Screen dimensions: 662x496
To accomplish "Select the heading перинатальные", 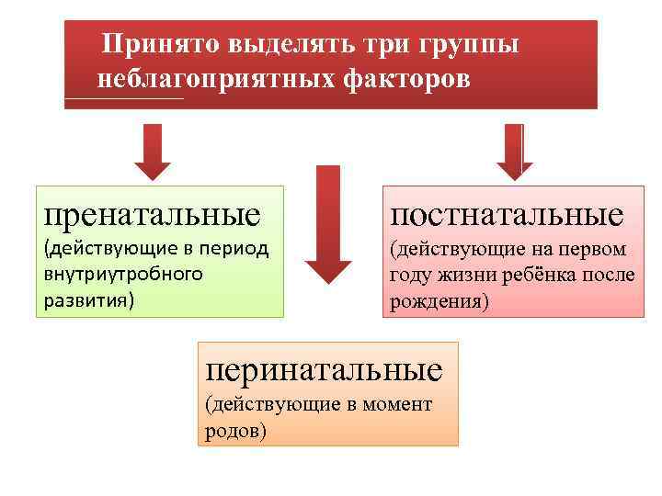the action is click(x=324, y=369).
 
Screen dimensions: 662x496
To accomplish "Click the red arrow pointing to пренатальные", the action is click(x=153, y=151).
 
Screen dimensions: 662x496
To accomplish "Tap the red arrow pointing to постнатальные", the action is click(x=515, y=151).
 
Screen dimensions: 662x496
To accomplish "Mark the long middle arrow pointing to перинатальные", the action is click(x=328, y=225).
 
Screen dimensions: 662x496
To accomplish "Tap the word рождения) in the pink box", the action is click(x=439, y=300).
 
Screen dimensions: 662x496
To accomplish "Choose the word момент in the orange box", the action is click(x=402, y=405).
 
